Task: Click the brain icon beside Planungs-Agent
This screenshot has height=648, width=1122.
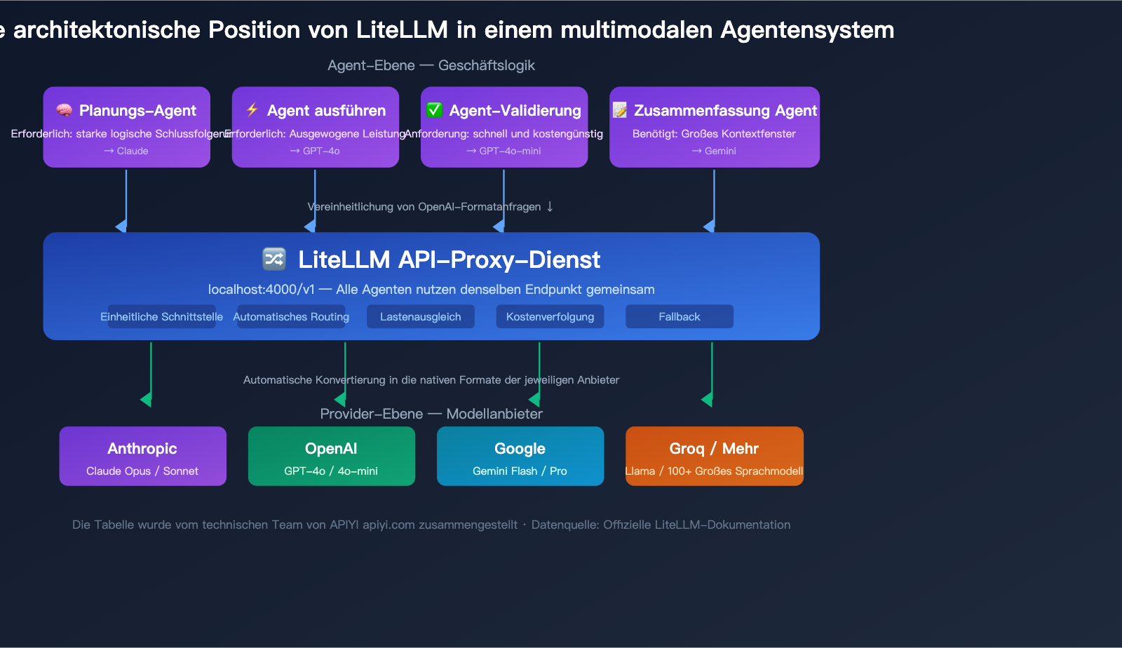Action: coord(65,110)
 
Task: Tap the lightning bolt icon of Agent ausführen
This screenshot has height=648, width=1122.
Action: coord(252,109)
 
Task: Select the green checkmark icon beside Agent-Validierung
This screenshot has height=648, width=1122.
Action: coord(435,110)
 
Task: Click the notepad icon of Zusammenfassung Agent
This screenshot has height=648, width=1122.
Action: coord(620,110)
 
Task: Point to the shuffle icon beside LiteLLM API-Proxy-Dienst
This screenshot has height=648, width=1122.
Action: coord(274,259)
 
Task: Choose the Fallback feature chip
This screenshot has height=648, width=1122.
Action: coord(679,316)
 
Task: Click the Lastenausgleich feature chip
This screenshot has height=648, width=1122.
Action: coord(420,316)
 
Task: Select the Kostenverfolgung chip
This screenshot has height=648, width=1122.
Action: coord(550,316)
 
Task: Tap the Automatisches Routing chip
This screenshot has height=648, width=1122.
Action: coord(291,316)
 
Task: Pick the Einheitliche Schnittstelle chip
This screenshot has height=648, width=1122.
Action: coord(162,316)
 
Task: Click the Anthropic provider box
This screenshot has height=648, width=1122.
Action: coord(142,456)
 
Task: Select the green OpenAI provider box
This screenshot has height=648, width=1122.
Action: coord(331,456)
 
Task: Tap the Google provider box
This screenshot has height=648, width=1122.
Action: coord(520,456)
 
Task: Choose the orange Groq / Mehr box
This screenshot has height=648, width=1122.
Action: coord(714,456)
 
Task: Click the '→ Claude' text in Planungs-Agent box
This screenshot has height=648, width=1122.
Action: coord(126,151)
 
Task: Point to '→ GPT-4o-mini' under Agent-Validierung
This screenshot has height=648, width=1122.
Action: coord(503,151)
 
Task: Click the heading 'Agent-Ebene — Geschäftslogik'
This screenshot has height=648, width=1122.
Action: coord(431,65)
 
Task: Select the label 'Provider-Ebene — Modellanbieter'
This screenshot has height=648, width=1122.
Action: coord(431,414)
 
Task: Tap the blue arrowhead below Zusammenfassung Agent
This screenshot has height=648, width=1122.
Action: coord(710,226)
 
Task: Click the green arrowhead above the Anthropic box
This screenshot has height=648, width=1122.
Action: coord(147,400)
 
